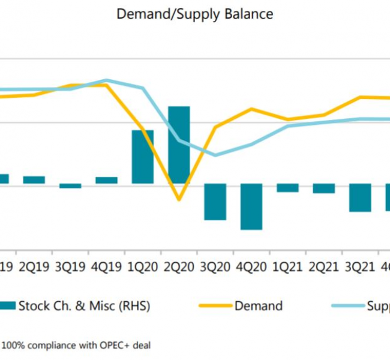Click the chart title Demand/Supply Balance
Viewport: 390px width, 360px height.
(195, 14)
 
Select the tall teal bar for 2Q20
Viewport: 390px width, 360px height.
(179, 145)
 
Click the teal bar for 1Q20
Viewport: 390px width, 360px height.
(143, 157)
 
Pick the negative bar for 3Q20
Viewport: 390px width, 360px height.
(215, 202)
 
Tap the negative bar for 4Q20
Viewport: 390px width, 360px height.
(251, 206)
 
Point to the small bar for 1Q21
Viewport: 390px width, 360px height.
(287, 188)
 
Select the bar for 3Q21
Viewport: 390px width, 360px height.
(360, 197)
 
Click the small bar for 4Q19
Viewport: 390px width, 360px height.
(106, 180)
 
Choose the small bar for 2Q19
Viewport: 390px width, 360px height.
(34, 180)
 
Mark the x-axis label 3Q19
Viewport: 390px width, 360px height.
(70, 266)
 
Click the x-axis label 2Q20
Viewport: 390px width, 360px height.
(179, 266)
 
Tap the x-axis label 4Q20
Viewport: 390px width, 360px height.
(251, 266)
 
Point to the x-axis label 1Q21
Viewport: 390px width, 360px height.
(287, 266)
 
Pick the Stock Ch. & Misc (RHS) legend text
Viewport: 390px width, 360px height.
(84, 306)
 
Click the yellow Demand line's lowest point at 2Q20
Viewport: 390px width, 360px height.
(178, 199)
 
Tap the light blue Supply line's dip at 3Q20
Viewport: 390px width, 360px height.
(215, 155)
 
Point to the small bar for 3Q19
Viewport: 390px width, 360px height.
(70, 185)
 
